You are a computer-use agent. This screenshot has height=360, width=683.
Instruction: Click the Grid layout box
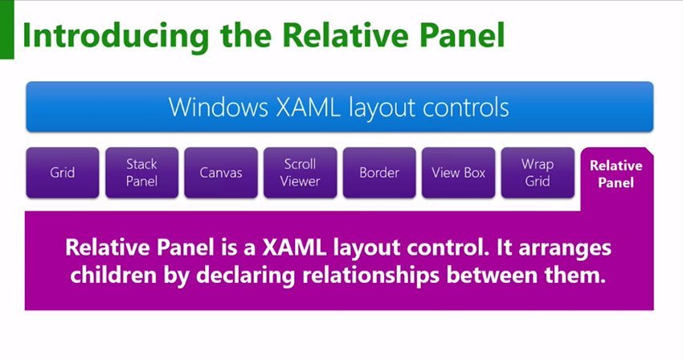pyautogui.click(x=63, y=173)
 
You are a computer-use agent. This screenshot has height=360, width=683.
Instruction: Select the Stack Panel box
pyautogui.click(x=141, y=173)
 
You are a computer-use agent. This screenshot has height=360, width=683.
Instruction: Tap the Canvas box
pyautogui.click(x=221, y=173)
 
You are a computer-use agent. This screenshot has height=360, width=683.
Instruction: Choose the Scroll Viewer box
pyautogui.click(x=301, y=173)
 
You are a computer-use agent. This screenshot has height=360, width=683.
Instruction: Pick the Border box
pyautogui.click(x=379, y=173)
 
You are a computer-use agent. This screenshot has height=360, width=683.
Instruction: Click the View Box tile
pyautogui.click(x=458, y=173)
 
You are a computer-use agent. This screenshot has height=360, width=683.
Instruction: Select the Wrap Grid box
pyautogui.click(x=538, y=173)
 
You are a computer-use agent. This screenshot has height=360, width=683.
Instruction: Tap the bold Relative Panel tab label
pyautogui.click(x=616, y=174)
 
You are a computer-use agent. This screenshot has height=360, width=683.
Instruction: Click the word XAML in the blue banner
pyautogui.click(x=308, y=107)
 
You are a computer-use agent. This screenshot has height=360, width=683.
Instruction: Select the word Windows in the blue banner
pyautogui.click(x=219, y=107)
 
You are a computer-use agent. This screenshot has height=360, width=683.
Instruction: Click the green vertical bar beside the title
pyautogui.click(x=7, y=30)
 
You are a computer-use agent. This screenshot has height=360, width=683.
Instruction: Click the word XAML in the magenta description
pyautogui.click(x=294, y=247)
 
